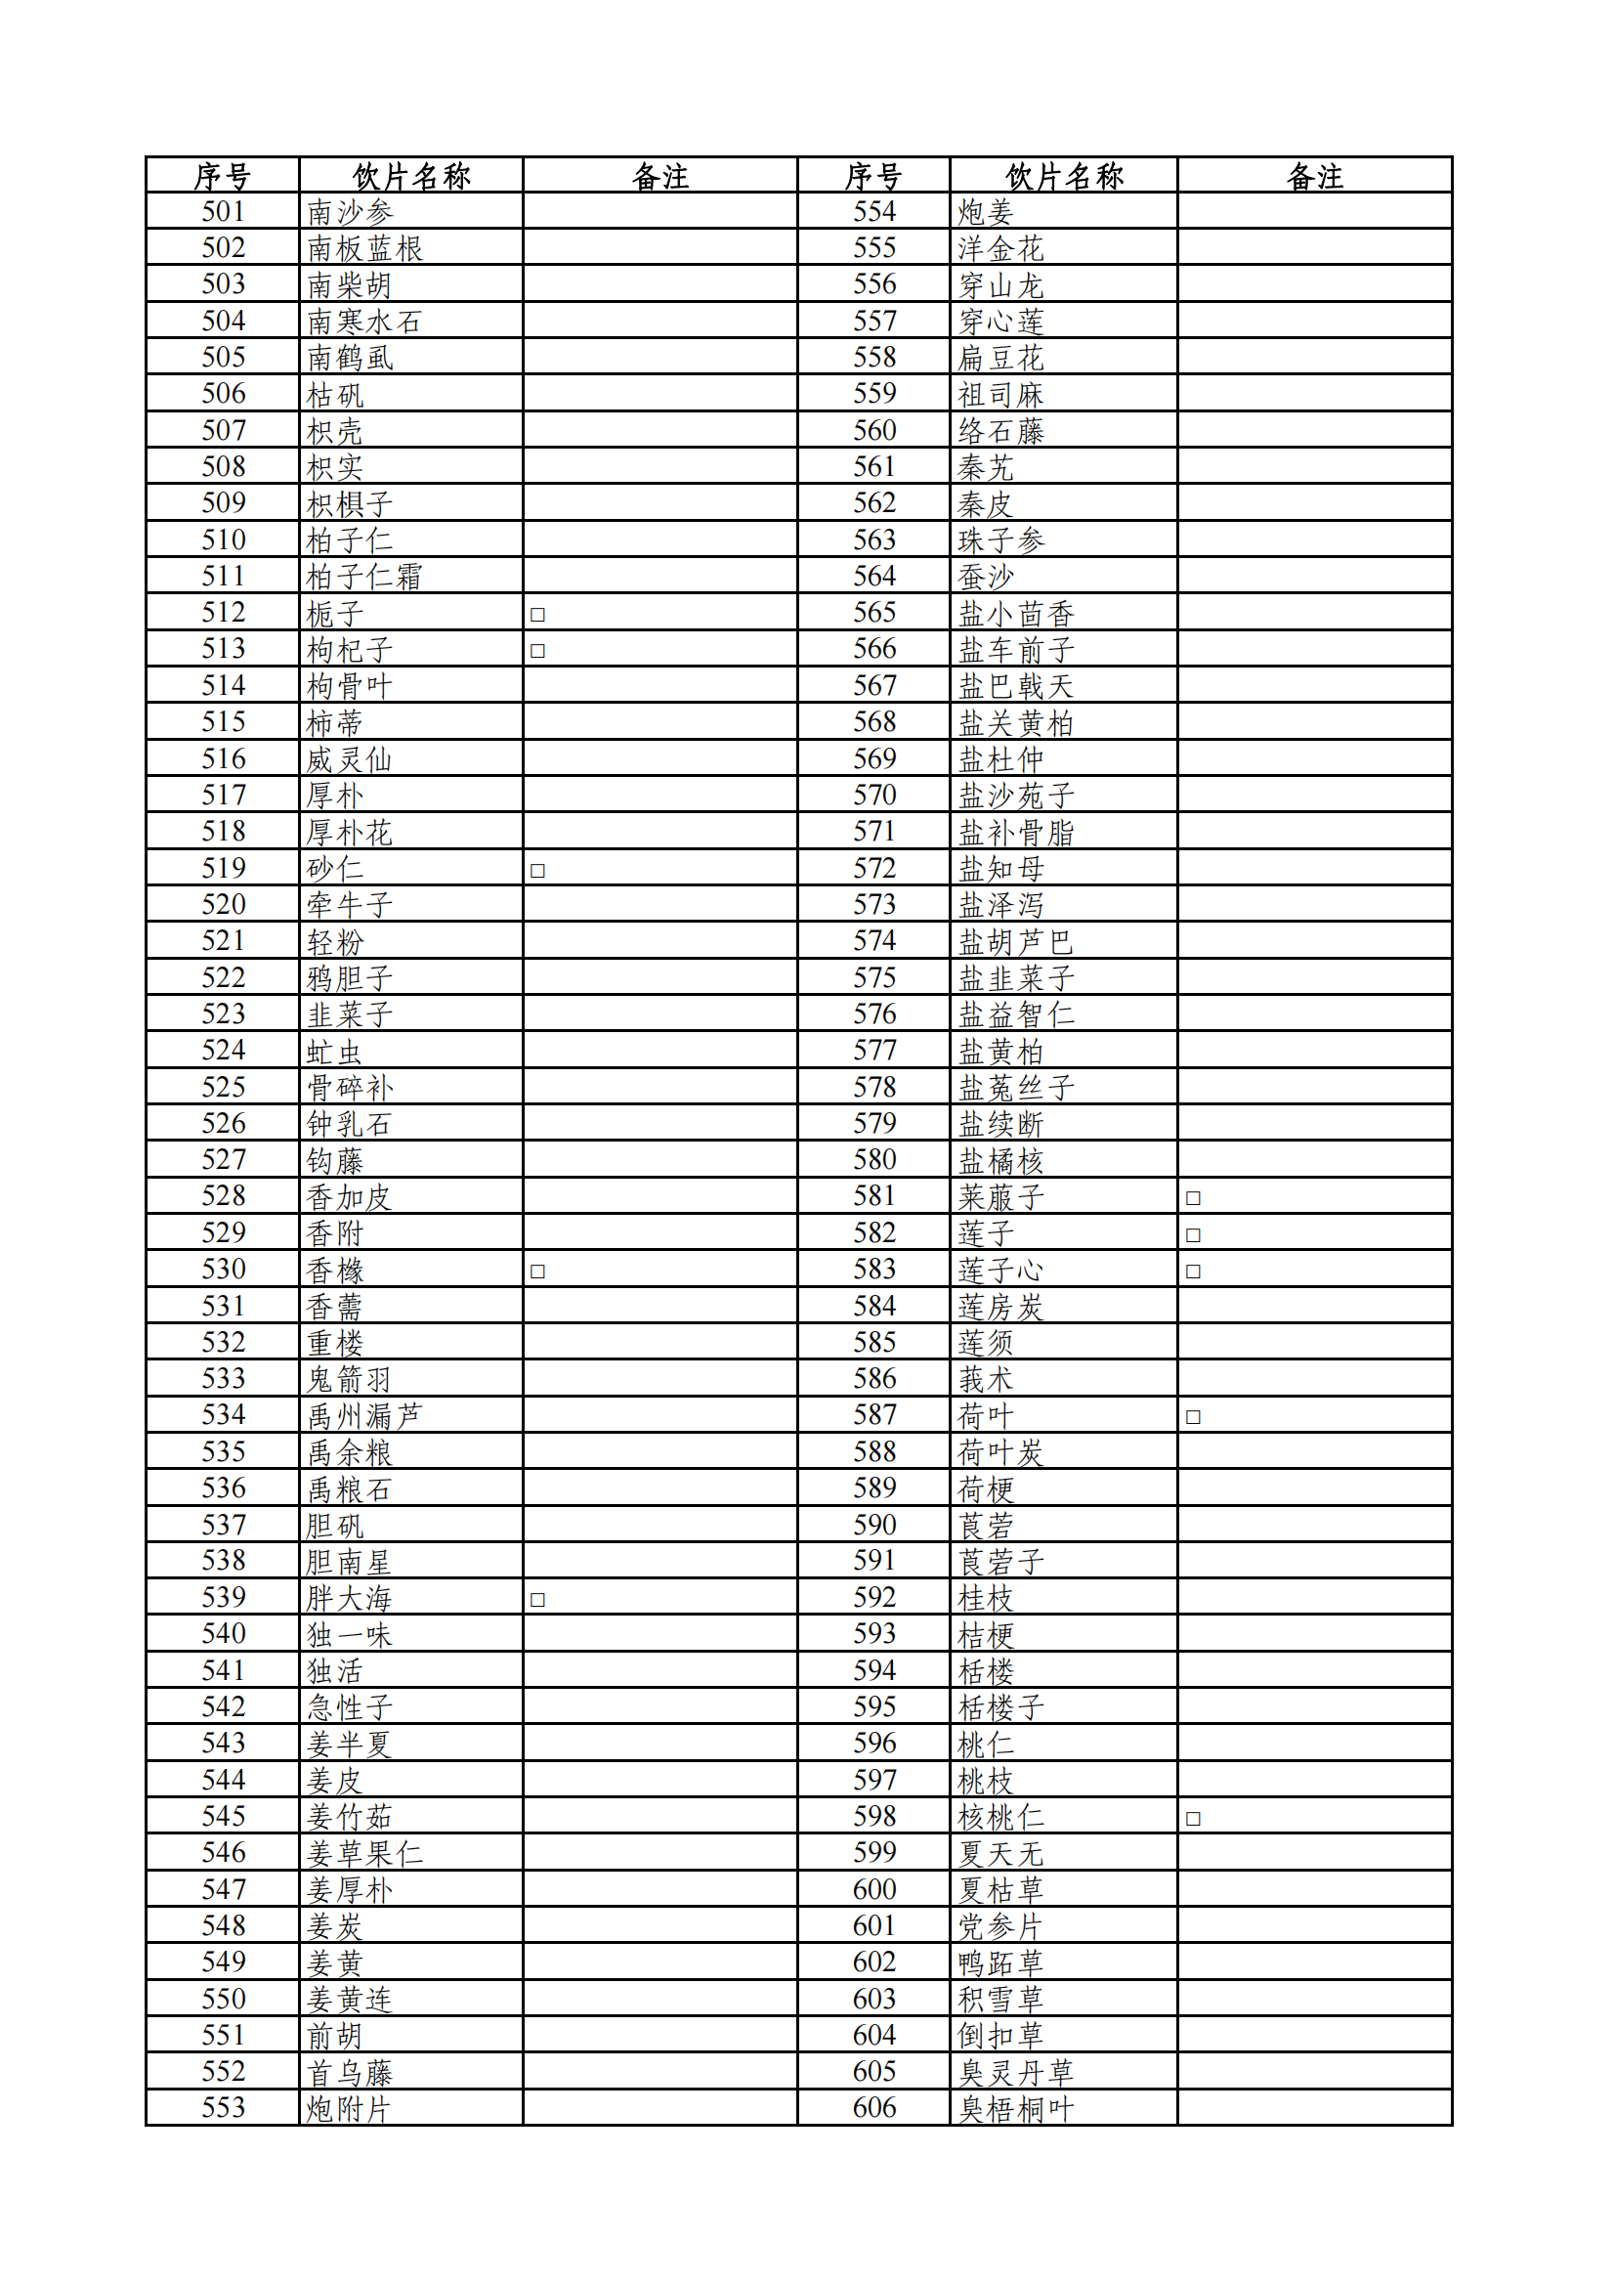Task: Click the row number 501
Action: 223,211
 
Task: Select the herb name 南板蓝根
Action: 364,248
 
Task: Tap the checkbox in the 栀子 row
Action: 537,614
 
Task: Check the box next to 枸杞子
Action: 537,651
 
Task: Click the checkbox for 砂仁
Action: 537,870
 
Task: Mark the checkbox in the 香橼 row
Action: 537,1271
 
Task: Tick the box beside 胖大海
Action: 537,1599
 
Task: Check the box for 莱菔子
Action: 1193,1198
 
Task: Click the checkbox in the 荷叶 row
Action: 1193,1417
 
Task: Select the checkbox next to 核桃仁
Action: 1193,1818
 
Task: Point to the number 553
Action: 223,2107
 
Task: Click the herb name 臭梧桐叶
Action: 1015,2109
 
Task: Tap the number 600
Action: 873,1888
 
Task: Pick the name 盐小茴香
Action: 1015,614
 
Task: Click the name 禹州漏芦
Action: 364,1415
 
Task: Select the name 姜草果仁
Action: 364,1853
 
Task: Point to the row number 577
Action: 873,1050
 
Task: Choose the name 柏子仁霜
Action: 364,577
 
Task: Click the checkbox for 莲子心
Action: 1193,1271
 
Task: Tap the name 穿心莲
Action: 1000,322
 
